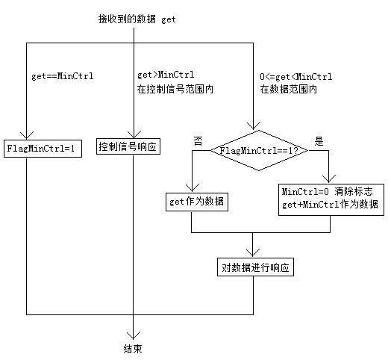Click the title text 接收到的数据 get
[x=137, y=19]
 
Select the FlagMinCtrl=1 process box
[x=43, y=149]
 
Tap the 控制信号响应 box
[x=128, y=146]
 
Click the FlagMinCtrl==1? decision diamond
[x=259, y=150]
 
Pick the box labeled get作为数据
[x=197, y=202]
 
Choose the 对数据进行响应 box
[x=256, y=267]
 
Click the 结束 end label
[x=133, y=349]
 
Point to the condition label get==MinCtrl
[x=63, y=76]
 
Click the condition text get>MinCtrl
[x=166, y=75]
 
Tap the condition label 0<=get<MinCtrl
[x=296, y=76]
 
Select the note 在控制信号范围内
[x=175, y=89]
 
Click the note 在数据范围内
[x=289, y=89]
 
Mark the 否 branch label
[x=198, y=141]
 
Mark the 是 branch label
[x=319, y=141]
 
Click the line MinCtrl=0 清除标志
[x=328, y=191]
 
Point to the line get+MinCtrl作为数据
[x=330, y=204]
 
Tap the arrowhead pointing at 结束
[x=133, y=335]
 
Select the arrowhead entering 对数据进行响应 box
[x=253, y=253]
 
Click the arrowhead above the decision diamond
[x=254, y=125]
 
